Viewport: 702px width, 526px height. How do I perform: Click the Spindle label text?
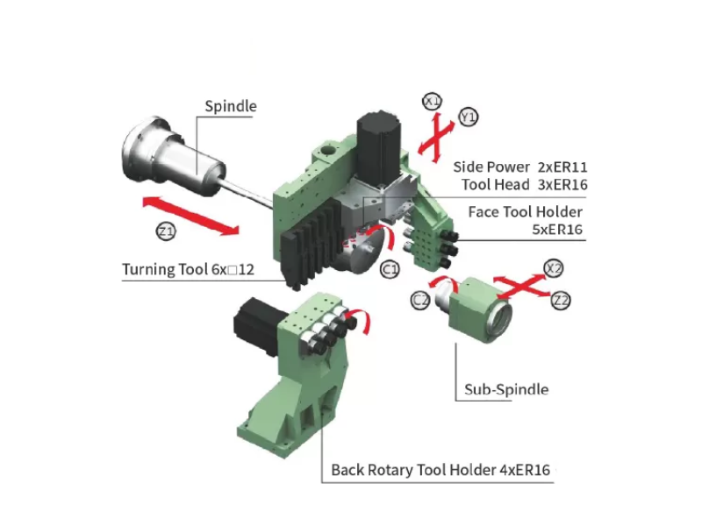[x=231, y=106]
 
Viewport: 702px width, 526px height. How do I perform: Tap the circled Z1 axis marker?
[x=166, y=231]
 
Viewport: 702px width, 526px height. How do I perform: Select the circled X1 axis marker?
[x=432, y=102]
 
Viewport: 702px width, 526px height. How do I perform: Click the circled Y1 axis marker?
[x=469, y=117]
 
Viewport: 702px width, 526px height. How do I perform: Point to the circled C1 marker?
[x=390, y=269]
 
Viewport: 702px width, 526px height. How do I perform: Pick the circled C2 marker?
[x=420, y=300]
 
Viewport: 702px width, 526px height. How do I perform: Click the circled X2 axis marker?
[x=554, y=268]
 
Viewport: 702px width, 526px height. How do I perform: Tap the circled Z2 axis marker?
[x=561, y=301]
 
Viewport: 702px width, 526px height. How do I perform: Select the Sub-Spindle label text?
[x=506, y=389]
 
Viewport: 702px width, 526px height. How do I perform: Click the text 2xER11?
[x=562, y=167]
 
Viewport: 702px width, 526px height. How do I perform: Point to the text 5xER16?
[x=557, y=230]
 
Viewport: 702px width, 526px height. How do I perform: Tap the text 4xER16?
[x=525, y=470]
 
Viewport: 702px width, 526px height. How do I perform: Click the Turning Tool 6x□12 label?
[x=188, y=269]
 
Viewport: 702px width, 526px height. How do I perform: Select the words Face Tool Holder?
[x=525, y=211]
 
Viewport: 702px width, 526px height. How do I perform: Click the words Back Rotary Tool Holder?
[x=413, y=470]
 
